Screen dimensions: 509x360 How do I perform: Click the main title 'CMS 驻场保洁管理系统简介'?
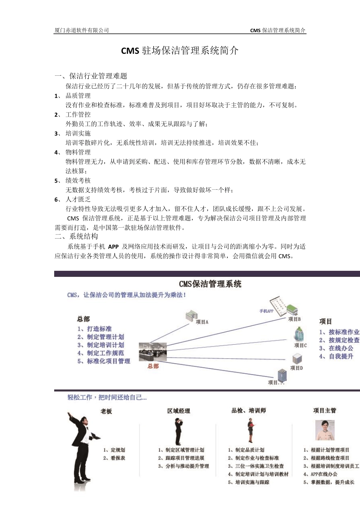pyautogui.click(x=180, y=51)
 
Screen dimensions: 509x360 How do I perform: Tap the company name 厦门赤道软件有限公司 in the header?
pyautogui.click(x=81, y=30)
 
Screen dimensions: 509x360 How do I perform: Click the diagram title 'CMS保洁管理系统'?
pyautogui.click(x=210, y=284)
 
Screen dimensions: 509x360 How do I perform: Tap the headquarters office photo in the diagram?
pyautogui.click(x=152, y=352)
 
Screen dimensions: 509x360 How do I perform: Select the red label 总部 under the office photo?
pyautogui.click(x=153, y=366)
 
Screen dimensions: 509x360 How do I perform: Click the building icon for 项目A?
pyautogui.click(x=192, y=315)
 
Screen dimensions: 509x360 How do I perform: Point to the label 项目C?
pyautogui.click(x=301, y=345)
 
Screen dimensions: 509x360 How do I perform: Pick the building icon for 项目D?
pyautogui.click(x=297, y=358)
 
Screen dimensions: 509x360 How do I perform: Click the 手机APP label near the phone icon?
pyautogui.click(x=266, y=311)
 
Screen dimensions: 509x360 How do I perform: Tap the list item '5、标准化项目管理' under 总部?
pyautogui.click(x=104, y=361)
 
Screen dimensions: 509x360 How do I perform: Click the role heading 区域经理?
pyautogui.click(x=178, y=411)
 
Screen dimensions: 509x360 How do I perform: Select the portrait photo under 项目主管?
pyautogui.click(x=325, y=430)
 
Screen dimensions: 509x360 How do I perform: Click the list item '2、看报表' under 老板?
pyautogui.click(x=114, y=458)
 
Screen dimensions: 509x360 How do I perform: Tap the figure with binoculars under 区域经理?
pyautogui.click(x=178, y=431)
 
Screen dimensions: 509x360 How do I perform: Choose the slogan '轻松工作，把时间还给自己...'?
pyautogui.click(x=107, y=397)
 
